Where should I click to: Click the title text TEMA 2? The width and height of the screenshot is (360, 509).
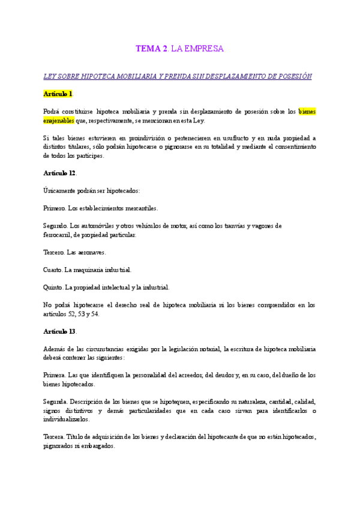(x=152, y=49)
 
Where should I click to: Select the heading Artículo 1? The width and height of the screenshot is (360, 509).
(x=58, y=94)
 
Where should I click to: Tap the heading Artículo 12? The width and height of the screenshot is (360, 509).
(x=59, y=173)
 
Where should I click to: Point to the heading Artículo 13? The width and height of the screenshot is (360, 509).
(x=59, y=331)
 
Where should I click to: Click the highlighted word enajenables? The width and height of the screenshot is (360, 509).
(x=59, y=120)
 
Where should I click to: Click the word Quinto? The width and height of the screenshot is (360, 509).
(x=53, y=287)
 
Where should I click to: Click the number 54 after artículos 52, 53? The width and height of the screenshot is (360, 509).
(x=95, y=313)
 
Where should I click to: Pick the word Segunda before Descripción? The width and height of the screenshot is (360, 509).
(x=56, y=402)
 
